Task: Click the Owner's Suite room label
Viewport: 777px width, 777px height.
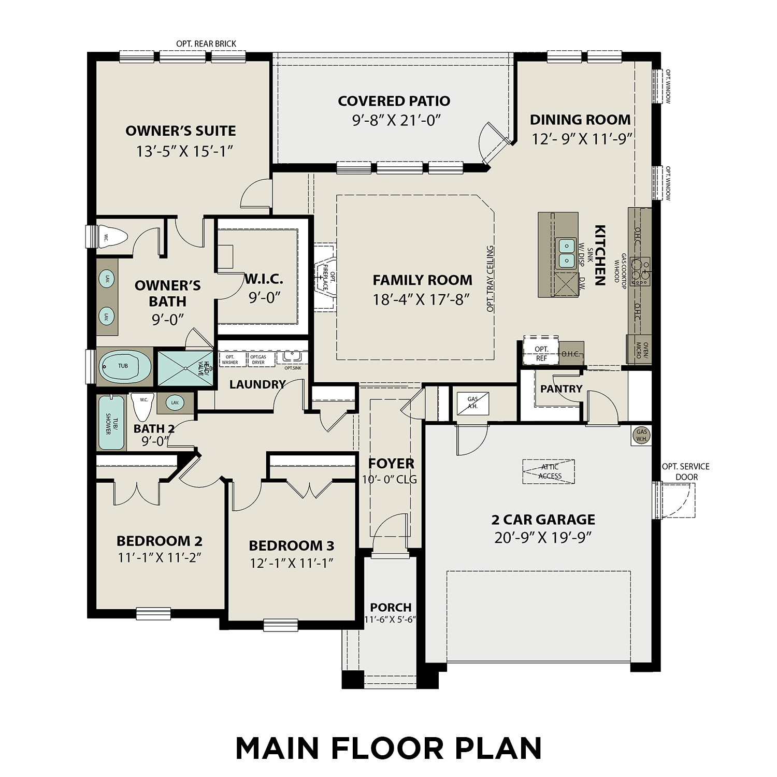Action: (x=180, y=131)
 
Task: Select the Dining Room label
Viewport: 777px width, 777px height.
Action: (x=580, y=120)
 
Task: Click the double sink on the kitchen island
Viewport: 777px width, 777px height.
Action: (x=566, y=253)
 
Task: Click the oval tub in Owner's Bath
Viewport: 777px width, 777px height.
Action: (x=124, y=366)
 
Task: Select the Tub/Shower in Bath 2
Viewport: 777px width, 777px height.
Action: (x=111, y=422)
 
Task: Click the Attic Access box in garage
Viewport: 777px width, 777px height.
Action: (x=549, y=471)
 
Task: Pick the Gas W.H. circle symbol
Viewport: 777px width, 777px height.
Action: (x=642, y=435)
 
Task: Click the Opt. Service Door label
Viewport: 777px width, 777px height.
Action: (x=686, y=471)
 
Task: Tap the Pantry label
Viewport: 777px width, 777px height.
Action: (x=561, y=388)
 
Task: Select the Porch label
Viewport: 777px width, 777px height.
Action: (x=391, y=607)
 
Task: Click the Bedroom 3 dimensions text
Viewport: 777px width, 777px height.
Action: (x=291, y=563)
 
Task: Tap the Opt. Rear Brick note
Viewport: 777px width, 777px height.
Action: (x=206, y=44)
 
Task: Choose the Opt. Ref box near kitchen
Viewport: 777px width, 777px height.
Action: (x=541, y=353)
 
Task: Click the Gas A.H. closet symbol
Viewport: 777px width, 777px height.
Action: (x=472, y=402)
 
